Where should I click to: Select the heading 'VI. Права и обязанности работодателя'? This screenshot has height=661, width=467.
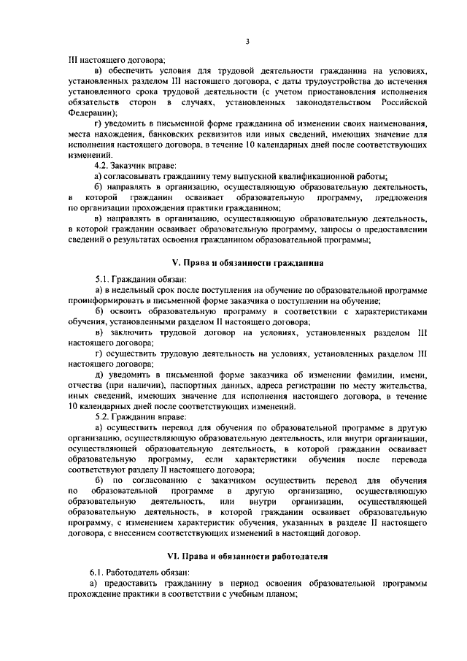coord(248,556)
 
